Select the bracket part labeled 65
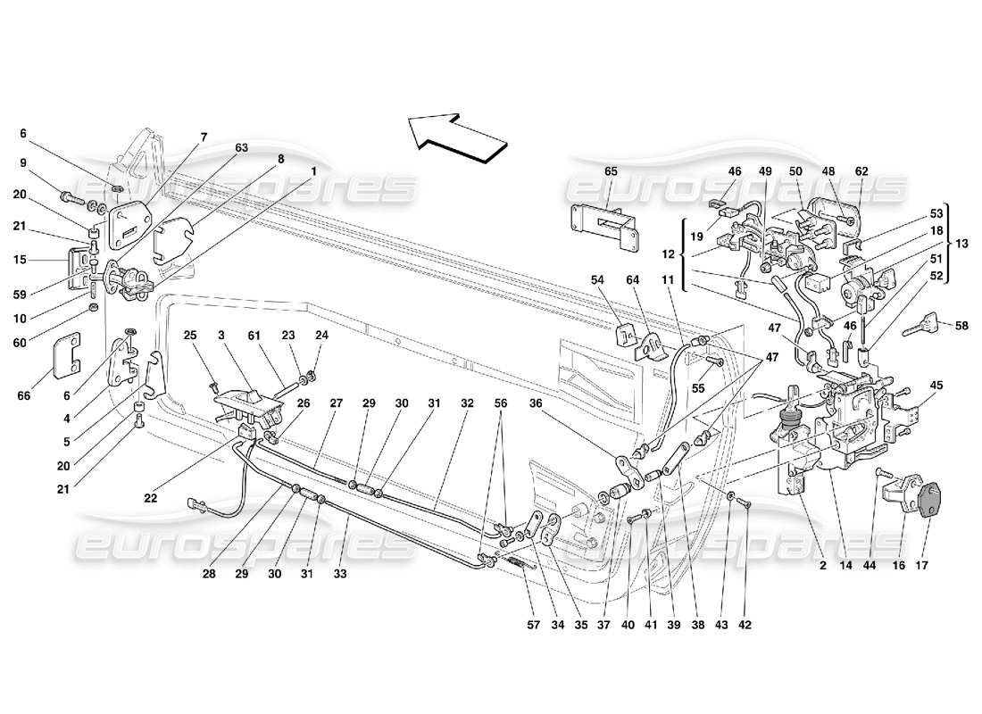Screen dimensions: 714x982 (x=606, y=224)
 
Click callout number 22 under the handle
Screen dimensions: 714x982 (x=151, y=473)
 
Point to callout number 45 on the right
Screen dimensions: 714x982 (x=937, y=386)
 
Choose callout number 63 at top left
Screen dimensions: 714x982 (x=242, y=147)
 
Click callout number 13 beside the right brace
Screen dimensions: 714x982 (x=961, y=243)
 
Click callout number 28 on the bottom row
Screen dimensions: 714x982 (x=209, y=574)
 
